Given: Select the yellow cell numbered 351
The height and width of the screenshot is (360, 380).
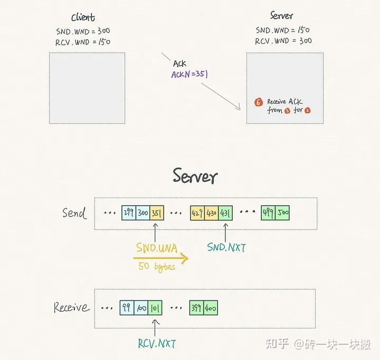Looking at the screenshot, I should coord(157,213).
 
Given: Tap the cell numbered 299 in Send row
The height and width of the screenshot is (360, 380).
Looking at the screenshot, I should coord(128,213).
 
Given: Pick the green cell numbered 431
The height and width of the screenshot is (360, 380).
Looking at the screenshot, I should coord(225,213).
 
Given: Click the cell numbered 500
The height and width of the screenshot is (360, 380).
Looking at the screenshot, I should coord(282,213).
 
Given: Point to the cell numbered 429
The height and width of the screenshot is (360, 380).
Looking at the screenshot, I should coord(197,213).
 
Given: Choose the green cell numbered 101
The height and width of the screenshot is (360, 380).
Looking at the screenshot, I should coord(155,307).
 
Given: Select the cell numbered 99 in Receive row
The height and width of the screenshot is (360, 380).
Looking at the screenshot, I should coord(127,307).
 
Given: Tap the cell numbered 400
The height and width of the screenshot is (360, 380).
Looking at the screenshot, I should coord(211,307).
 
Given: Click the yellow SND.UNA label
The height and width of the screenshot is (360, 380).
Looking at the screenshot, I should coord(157,246).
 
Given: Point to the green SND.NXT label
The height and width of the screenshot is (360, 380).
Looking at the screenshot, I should coord(226,247).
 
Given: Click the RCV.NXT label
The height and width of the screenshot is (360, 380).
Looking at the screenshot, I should coord(156,344).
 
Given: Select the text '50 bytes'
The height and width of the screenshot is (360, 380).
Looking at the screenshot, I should coord(157,267).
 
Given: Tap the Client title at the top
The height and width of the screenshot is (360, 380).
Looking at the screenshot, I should coord(83,17).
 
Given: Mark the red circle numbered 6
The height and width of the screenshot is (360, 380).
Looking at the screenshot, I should coord(258,102).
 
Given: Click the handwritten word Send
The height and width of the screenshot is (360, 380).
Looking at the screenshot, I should coord(74,213).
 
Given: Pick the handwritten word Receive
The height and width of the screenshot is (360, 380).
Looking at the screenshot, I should coord(72,307).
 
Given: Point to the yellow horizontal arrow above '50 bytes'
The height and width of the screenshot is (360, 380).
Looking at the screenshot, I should coord(161,258).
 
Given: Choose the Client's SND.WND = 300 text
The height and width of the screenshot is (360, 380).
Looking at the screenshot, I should coord(83,31).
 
